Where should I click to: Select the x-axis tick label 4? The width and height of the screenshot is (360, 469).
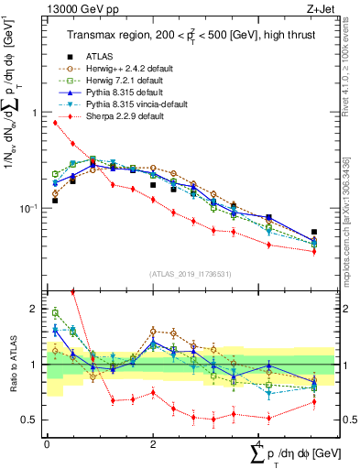[260, 444]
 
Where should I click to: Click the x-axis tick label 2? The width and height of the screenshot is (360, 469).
[153, 444]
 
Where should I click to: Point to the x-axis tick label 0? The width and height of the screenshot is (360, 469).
[47, 444]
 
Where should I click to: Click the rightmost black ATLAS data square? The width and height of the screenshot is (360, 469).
[314, 233]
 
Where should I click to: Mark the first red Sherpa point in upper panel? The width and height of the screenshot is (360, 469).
[55, 122]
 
